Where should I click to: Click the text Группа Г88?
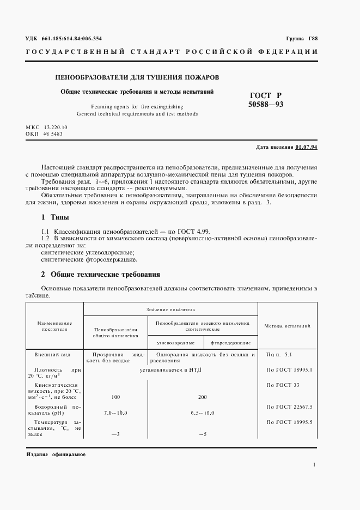302,39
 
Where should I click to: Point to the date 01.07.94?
307,147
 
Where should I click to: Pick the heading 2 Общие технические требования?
101,275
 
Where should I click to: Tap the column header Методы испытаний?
287,326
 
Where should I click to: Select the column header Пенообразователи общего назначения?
115,333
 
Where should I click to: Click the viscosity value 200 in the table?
203,397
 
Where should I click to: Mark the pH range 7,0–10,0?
115,413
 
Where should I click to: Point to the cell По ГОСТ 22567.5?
289,406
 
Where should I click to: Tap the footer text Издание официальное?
56,454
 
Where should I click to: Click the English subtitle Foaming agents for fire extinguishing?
137,107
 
